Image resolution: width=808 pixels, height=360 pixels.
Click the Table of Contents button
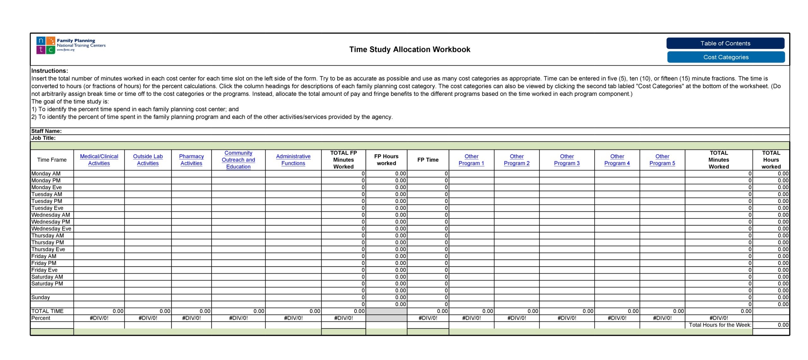click(725, 44)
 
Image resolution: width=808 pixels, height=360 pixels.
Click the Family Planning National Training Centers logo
click(71, 45)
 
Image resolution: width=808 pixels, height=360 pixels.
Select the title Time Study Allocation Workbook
click(409, 50)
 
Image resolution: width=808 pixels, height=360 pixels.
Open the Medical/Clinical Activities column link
click(99, 160)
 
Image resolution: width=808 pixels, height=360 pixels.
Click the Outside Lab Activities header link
click(148, 160)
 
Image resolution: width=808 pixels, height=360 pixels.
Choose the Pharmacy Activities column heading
click(191, 160)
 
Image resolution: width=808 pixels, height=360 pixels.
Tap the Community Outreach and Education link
click(238, 160)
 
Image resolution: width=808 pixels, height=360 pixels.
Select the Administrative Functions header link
click(293, 160)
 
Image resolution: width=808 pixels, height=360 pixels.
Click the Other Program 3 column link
click(567, 160)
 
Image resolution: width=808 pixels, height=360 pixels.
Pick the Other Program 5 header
click(662, 160)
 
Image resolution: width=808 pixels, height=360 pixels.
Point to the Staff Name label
click(46, 131)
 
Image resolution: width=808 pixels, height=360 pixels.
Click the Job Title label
click(44, 138)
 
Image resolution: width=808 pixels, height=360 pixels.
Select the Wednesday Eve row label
click(51, 229)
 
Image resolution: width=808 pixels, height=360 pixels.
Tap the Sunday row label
click(41, 297)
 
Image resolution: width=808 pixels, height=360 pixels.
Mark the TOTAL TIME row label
click(47, 311)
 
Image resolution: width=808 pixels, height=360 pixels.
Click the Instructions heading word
click(50, 71)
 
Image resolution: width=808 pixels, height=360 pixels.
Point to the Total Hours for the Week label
click(720, 325)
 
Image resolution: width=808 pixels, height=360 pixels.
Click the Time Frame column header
click(52, 160)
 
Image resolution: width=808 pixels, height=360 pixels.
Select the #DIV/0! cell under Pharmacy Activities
click(191, 318)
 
